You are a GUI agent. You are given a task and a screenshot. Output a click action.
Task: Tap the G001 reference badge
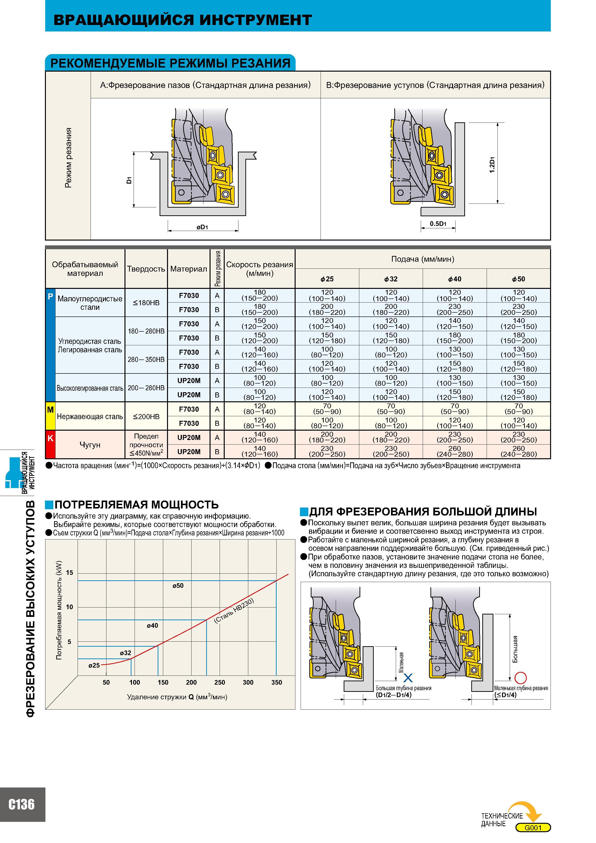click(533, 828)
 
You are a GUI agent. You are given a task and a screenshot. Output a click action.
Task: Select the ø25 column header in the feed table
click(327, 279)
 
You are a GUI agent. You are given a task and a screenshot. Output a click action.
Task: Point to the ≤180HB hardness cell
click(146, 303)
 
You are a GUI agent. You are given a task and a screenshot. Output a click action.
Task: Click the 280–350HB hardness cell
click(146, 360)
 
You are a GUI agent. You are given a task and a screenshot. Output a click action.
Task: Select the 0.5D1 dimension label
click(438, 223)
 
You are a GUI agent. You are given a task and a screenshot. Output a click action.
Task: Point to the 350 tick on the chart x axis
click(277, 682)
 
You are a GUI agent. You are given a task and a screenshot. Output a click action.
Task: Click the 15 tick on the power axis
click(69, 573)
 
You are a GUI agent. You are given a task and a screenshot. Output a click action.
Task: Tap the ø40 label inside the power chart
click(152, 626)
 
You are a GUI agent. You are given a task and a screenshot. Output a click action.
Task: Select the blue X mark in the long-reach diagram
click(408, 678)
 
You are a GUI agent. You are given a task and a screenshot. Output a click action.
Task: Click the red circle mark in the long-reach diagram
click(521, 677)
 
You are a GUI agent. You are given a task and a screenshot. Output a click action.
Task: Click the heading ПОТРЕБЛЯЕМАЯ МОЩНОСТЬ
click(137, 504)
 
